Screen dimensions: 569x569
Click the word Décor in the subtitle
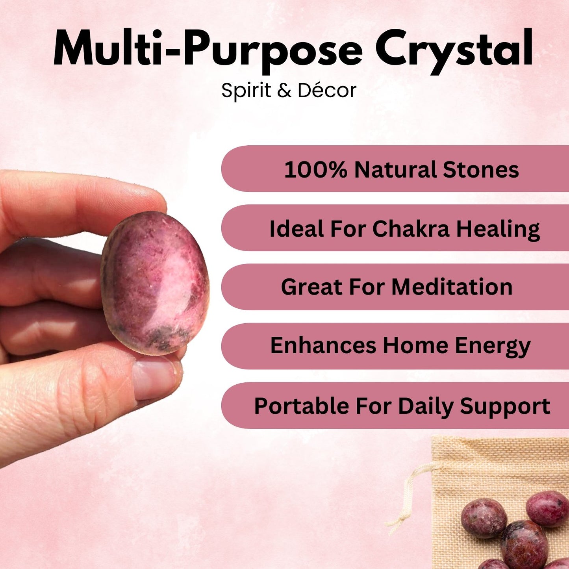pyautogui.click(x=327, y=90)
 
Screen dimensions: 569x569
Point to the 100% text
pyautogui.click(x=315, y=170)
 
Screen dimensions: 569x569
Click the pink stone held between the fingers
pyautogui.click(x=155, y=283)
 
